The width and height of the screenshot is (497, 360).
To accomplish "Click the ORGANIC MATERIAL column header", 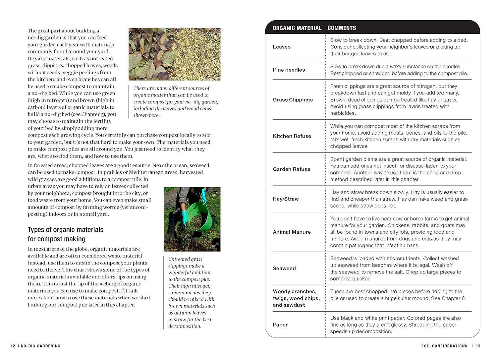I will coord(297,28).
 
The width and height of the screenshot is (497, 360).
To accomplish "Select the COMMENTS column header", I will coord(342,28).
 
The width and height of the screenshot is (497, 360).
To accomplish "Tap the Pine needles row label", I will coord(289,70).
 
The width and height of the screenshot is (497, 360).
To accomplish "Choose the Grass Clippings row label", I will coord(293,100).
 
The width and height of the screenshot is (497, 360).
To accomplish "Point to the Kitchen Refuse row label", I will coord(292,136).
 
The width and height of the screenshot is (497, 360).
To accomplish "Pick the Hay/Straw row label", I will coord(286,199).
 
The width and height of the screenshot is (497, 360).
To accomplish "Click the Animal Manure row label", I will coord(292,232).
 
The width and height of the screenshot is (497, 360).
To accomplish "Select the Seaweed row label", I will coord(284,269).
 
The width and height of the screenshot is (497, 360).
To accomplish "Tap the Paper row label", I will coord(280,325).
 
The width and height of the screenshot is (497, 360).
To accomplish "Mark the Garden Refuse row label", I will coord(292,169).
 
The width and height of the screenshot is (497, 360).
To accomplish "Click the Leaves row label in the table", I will coord(281,47).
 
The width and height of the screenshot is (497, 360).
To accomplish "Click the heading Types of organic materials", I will coord(66,230).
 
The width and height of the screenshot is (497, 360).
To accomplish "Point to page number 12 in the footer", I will coord(13,346).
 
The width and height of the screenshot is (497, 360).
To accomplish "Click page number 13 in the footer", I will coord(478,346).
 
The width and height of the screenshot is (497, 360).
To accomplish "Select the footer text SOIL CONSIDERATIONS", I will coord(444,346).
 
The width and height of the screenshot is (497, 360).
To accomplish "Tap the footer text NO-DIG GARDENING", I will coord(40,346).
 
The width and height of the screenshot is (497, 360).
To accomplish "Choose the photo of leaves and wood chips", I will coord(174,54).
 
